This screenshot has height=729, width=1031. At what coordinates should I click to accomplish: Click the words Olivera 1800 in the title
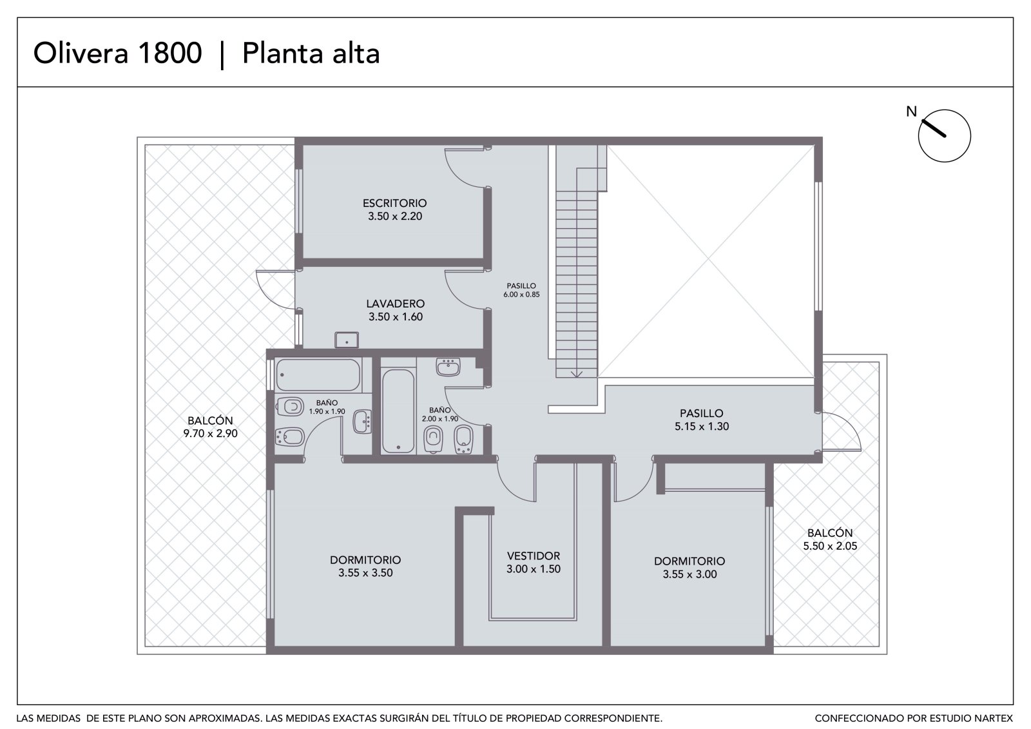pos(118,52)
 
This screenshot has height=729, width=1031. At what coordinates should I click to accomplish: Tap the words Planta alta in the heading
pos(311,52)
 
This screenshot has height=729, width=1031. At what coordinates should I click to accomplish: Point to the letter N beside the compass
pos(911,112)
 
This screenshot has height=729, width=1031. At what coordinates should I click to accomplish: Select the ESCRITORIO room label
pos(394,203)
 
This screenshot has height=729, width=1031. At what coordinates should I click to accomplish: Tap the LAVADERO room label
pos(396,304)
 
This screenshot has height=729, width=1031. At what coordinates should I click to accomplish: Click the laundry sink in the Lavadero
pos(347,340)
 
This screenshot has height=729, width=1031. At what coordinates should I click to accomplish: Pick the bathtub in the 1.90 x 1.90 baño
pos(318,375)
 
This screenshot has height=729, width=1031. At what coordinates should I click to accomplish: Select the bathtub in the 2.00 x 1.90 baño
pos(398,411)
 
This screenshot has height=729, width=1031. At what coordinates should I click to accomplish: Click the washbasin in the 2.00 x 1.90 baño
pos(448,367)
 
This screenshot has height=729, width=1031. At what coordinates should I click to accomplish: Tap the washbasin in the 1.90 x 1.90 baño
pos(362,422)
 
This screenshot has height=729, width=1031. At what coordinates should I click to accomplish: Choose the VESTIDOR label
pos(534,556)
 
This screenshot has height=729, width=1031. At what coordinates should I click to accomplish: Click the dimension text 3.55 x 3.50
pos(365,573)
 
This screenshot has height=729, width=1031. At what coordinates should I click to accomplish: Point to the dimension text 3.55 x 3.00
pos(689,574)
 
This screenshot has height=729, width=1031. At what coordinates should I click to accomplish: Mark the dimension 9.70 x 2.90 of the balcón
pos(210,433)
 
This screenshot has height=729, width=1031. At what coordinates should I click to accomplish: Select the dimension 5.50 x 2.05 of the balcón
pos(830,546)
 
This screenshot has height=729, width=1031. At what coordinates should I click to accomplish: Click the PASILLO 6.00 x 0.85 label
pos(521,290)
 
